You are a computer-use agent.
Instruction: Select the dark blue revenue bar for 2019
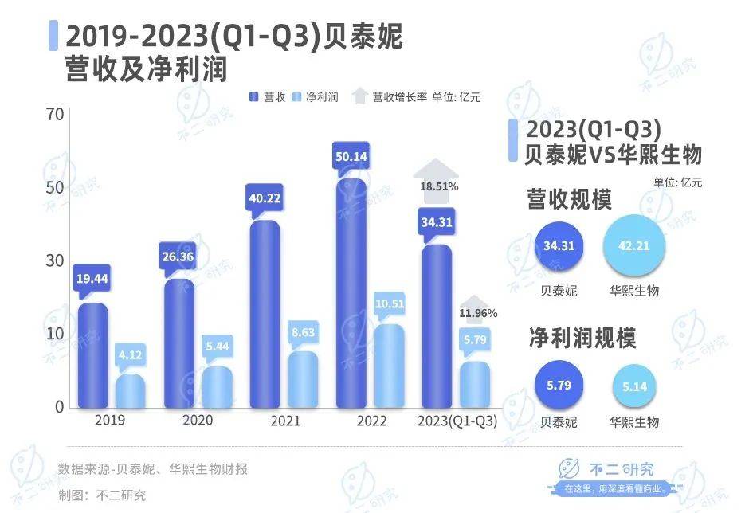92,357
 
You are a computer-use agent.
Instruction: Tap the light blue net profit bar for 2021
303,381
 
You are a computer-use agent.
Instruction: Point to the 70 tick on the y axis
54,115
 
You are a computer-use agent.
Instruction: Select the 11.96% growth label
478,313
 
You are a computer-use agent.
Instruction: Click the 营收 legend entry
267,97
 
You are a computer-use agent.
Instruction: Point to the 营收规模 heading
569,199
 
